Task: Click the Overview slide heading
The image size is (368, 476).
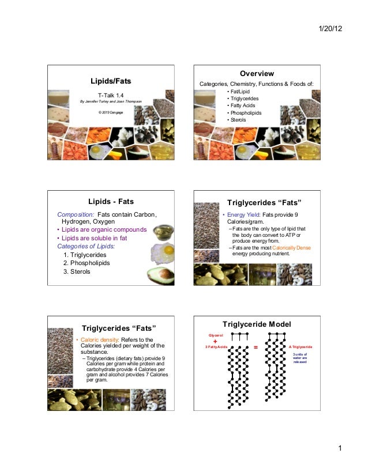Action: point(256,74)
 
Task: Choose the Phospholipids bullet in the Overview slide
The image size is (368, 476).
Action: point(245,113)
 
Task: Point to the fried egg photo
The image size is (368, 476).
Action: point(163,251)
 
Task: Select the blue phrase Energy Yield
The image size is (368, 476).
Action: point(242,215)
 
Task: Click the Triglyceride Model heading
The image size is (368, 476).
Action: point(256,324)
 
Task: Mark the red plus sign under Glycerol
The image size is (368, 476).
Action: point(215,341)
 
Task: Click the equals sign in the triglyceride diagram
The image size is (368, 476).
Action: point(256,347)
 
